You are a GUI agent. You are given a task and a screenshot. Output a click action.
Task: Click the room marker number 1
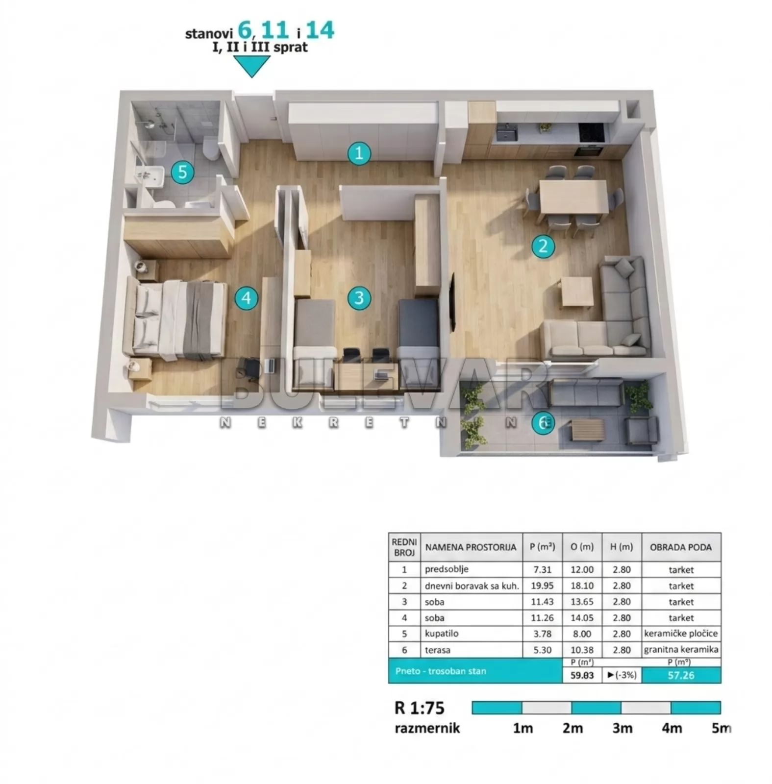[x=359, y=153]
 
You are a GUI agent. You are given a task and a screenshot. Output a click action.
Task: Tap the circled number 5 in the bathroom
[x=182, y=172]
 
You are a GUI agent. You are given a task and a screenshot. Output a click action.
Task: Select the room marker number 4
[x=246, y=298]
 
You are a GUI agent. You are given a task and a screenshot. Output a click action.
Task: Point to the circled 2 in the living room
[x=543, y=246]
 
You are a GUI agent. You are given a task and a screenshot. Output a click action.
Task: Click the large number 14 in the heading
[x=321, y=30]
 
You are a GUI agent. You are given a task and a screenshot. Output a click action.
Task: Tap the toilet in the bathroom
[x=211, y=148]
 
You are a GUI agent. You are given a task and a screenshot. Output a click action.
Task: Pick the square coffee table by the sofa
[x=577, y=292]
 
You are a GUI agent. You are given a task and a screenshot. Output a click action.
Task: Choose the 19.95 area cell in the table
[x=542, y=586]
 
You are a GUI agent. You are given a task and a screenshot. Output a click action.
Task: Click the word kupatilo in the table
[x=442, y=634]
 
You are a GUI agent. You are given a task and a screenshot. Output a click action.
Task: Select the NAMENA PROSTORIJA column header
[x=471, y=547]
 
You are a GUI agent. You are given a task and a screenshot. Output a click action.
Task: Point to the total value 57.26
[x=681, y=675]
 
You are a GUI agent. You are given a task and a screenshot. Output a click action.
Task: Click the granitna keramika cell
[x=681, y=650]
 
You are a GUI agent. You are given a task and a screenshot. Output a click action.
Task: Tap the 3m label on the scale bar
[x=622, y=728]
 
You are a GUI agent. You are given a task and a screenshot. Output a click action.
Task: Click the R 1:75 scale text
[x=420, y=708]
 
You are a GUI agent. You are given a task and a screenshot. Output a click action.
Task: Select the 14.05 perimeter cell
[x=582, y=618]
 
